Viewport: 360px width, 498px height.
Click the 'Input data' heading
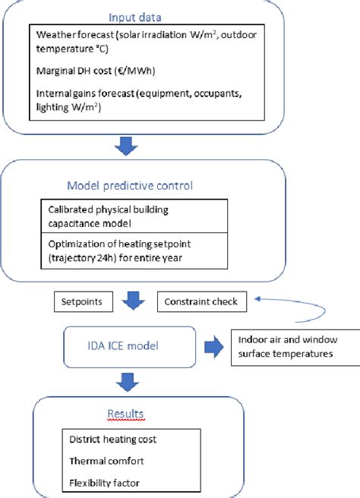[x=134, y=16]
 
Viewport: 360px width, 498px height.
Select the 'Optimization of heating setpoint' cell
[x=133, y=251]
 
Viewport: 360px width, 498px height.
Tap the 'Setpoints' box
[x=84, y=301]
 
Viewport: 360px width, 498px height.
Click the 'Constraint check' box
[x=201, y=301]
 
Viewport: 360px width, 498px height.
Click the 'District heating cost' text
[x=114, y=439]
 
